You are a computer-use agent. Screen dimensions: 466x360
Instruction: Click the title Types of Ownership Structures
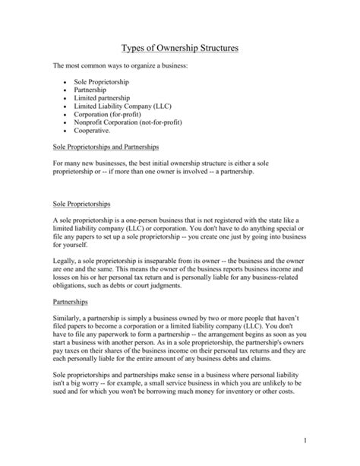(x=180, y=49)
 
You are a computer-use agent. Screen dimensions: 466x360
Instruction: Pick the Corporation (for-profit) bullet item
(x=110, y=116)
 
